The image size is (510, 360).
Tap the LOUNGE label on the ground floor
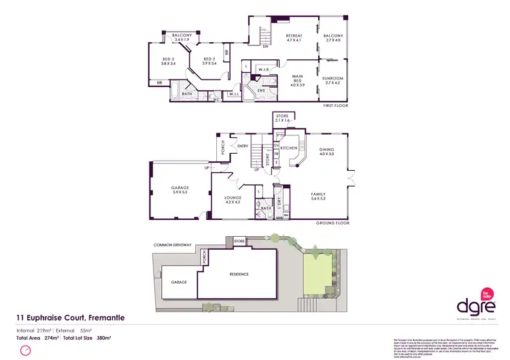point(233,199)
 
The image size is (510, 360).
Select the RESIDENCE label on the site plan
point(239,274)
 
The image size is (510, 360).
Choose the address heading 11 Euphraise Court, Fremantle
point(71,318)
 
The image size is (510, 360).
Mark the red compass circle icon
point(26,350)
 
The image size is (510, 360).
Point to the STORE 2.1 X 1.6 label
point(282,118)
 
